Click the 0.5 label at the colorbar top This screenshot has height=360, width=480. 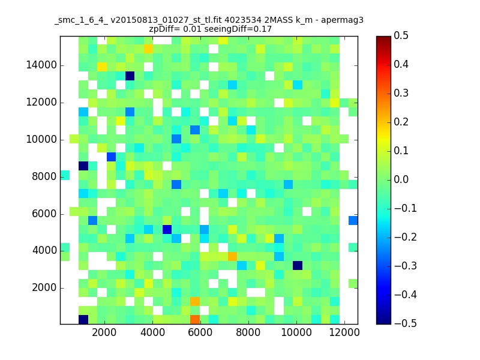point(401,35)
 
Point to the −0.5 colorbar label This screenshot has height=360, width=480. point(406,323)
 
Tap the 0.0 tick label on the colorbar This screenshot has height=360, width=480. point(401,179)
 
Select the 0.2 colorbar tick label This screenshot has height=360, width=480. point(401,122)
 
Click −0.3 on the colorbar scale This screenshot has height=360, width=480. point(406,266)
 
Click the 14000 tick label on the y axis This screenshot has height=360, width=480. point(41,65)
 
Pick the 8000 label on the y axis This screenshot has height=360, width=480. point(44,176)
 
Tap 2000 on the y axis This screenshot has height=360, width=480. point(44,288)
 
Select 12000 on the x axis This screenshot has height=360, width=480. point(344,332)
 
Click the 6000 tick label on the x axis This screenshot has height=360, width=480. point(200,332)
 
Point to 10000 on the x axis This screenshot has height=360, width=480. point(296,332)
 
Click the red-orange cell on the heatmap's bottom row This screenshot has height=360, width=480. point(195,320)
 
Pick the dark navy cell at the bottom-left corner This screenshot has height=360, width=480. point(83,320)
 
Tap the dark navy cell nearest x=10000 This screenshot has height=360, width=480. point(298,265)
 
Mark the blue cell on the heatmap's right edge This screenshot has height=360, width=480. point(353,220)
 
